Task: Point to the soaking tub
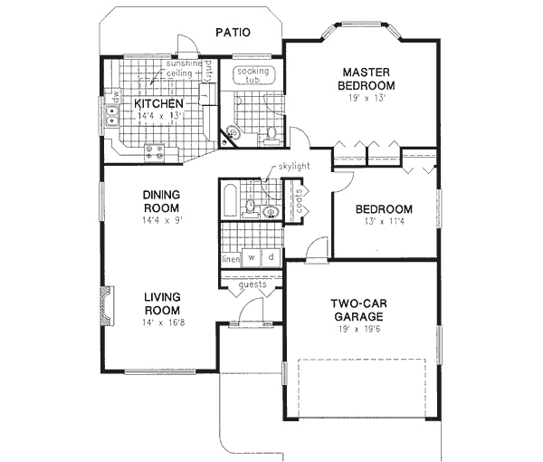[248, 72]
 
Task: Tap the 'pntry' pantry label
[207, 70]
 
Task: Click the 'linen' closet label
[230, 259]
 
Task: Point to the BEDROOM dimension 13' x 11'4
[385, 222]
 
